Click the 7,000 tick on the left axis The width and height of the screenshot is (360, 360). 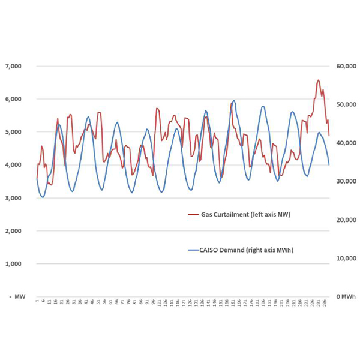tap(14, 65)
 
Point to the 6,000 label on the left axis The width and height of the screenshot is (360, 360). tap(14, 98)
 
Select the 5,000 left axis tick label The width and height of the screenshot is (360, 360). tap(14, 131)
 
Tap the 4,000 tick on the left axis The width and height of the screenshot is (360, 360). tap(14, 164)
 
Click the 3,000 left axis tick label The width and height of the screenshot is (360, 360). tap(14, 197)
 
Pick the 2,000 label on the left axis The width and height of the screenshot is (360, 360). tap(14, 230)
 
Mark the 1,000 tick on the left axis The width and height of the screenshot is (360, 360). tap(14, 263)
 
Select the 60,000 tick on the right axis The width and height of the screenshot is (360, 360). tap(345, 65)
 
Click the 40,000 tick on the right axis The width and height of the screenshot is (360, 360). tap(345, 143)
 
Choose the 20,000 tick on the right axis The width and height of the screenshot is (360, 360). tap(345, 220)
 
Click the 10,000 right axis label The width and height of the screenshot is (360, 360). tap(345, 258)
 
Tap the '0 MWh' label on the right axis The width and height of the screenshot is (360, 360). tap(345, 296)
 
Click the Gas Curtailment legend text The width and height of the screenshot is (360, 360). tap(246, 214)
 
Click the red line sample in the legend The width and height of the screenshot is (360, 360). tap(193, 214)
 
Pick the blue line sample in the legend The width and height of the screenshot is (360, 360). tap(193, 250)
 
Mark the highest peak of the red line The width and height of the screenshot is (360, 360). tap(318, 80)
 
